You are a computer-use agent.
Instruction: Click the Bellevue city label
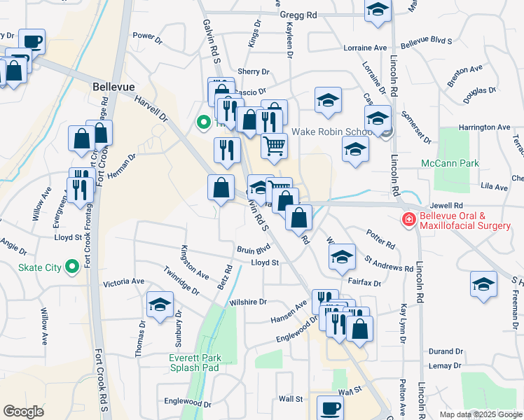point(113,86)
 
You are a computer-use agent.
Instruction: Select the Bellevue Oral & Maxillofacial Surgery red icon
point(408,220)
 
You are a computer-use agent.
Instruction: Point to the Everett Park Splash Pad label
point(195,363)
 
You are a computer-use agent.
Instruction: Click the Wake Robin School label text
point(332,131)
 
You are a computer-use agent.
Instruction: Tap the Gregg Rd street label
point(298,14)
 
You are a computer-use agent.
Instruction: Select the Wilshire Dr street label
point(248,302)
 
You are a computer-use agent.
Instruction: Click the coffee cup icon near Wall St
point(330,408)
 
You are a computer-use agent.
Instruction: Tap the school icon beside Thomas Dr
point(160,305)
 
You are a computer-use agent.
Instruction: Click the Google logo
point(23,412)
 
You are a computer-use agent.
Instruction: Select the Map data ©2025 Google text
point(480,414)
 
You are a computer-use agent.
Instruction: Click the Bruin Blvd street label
point(253,249)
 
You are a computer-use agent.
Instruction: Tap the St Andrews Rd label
point(389,268)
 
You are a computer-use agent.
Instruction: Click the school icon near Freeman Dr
point(483,284)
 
